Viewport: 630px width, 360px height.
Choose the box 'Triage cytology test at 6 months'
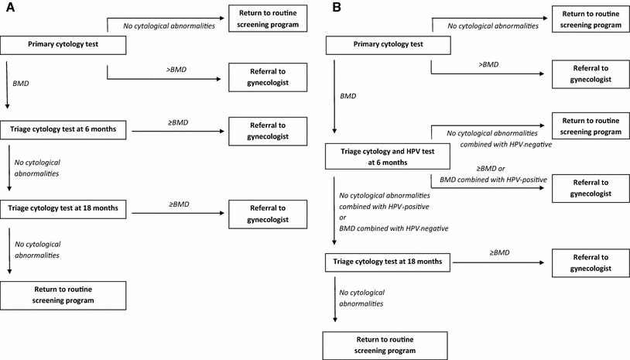coord(64,129)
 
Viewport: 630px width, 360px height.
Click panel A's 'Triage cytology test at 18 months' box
coord(66,208)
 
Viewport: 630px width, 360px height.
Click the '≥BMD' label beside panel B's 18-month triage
coord(499,253)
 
